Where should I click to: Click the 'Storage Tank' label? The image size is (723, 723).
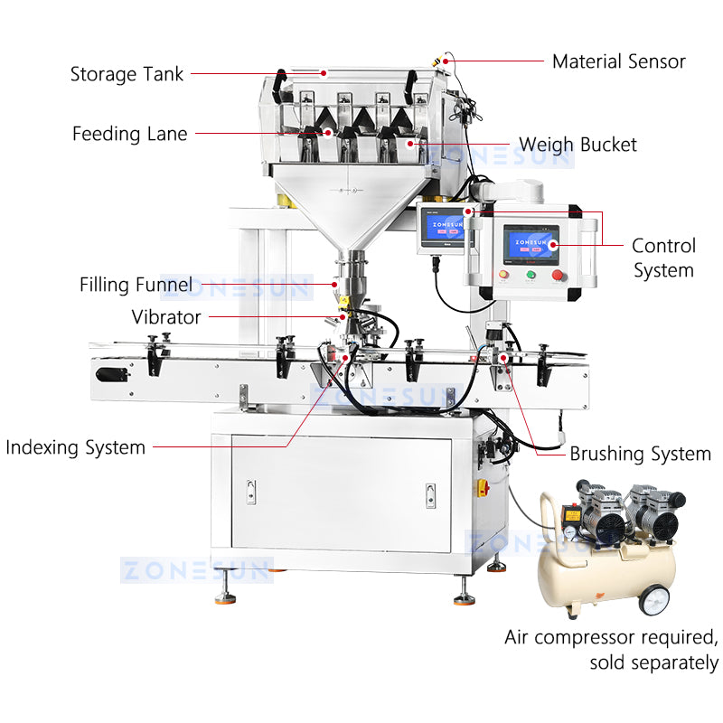[127, 73]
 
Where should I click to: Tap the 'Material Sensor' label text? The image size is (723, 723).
[618, 61]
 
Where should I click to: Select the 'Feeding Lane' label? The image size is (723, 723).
[130, 134]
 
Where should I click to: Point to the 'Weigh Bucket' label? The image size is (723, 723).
[577, 145]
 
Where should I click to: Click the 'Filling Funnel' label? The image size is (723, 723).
[136, 286]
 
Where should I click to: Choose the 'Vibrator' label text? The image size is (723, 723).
[166, 317]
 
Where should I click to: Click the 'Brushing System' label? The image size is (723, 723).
[640, 454]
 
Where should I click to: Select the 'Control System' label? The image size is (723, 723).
[663, 258]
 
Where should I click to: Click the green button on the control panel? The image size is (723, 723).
[531, 275]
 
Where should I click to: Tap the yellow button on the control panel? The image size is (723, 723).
[503, 275]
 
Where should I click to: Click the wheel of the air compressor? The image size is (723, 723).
[657, 601]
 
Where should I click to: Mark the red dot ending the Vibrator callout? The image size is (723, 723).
[343, 317]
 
